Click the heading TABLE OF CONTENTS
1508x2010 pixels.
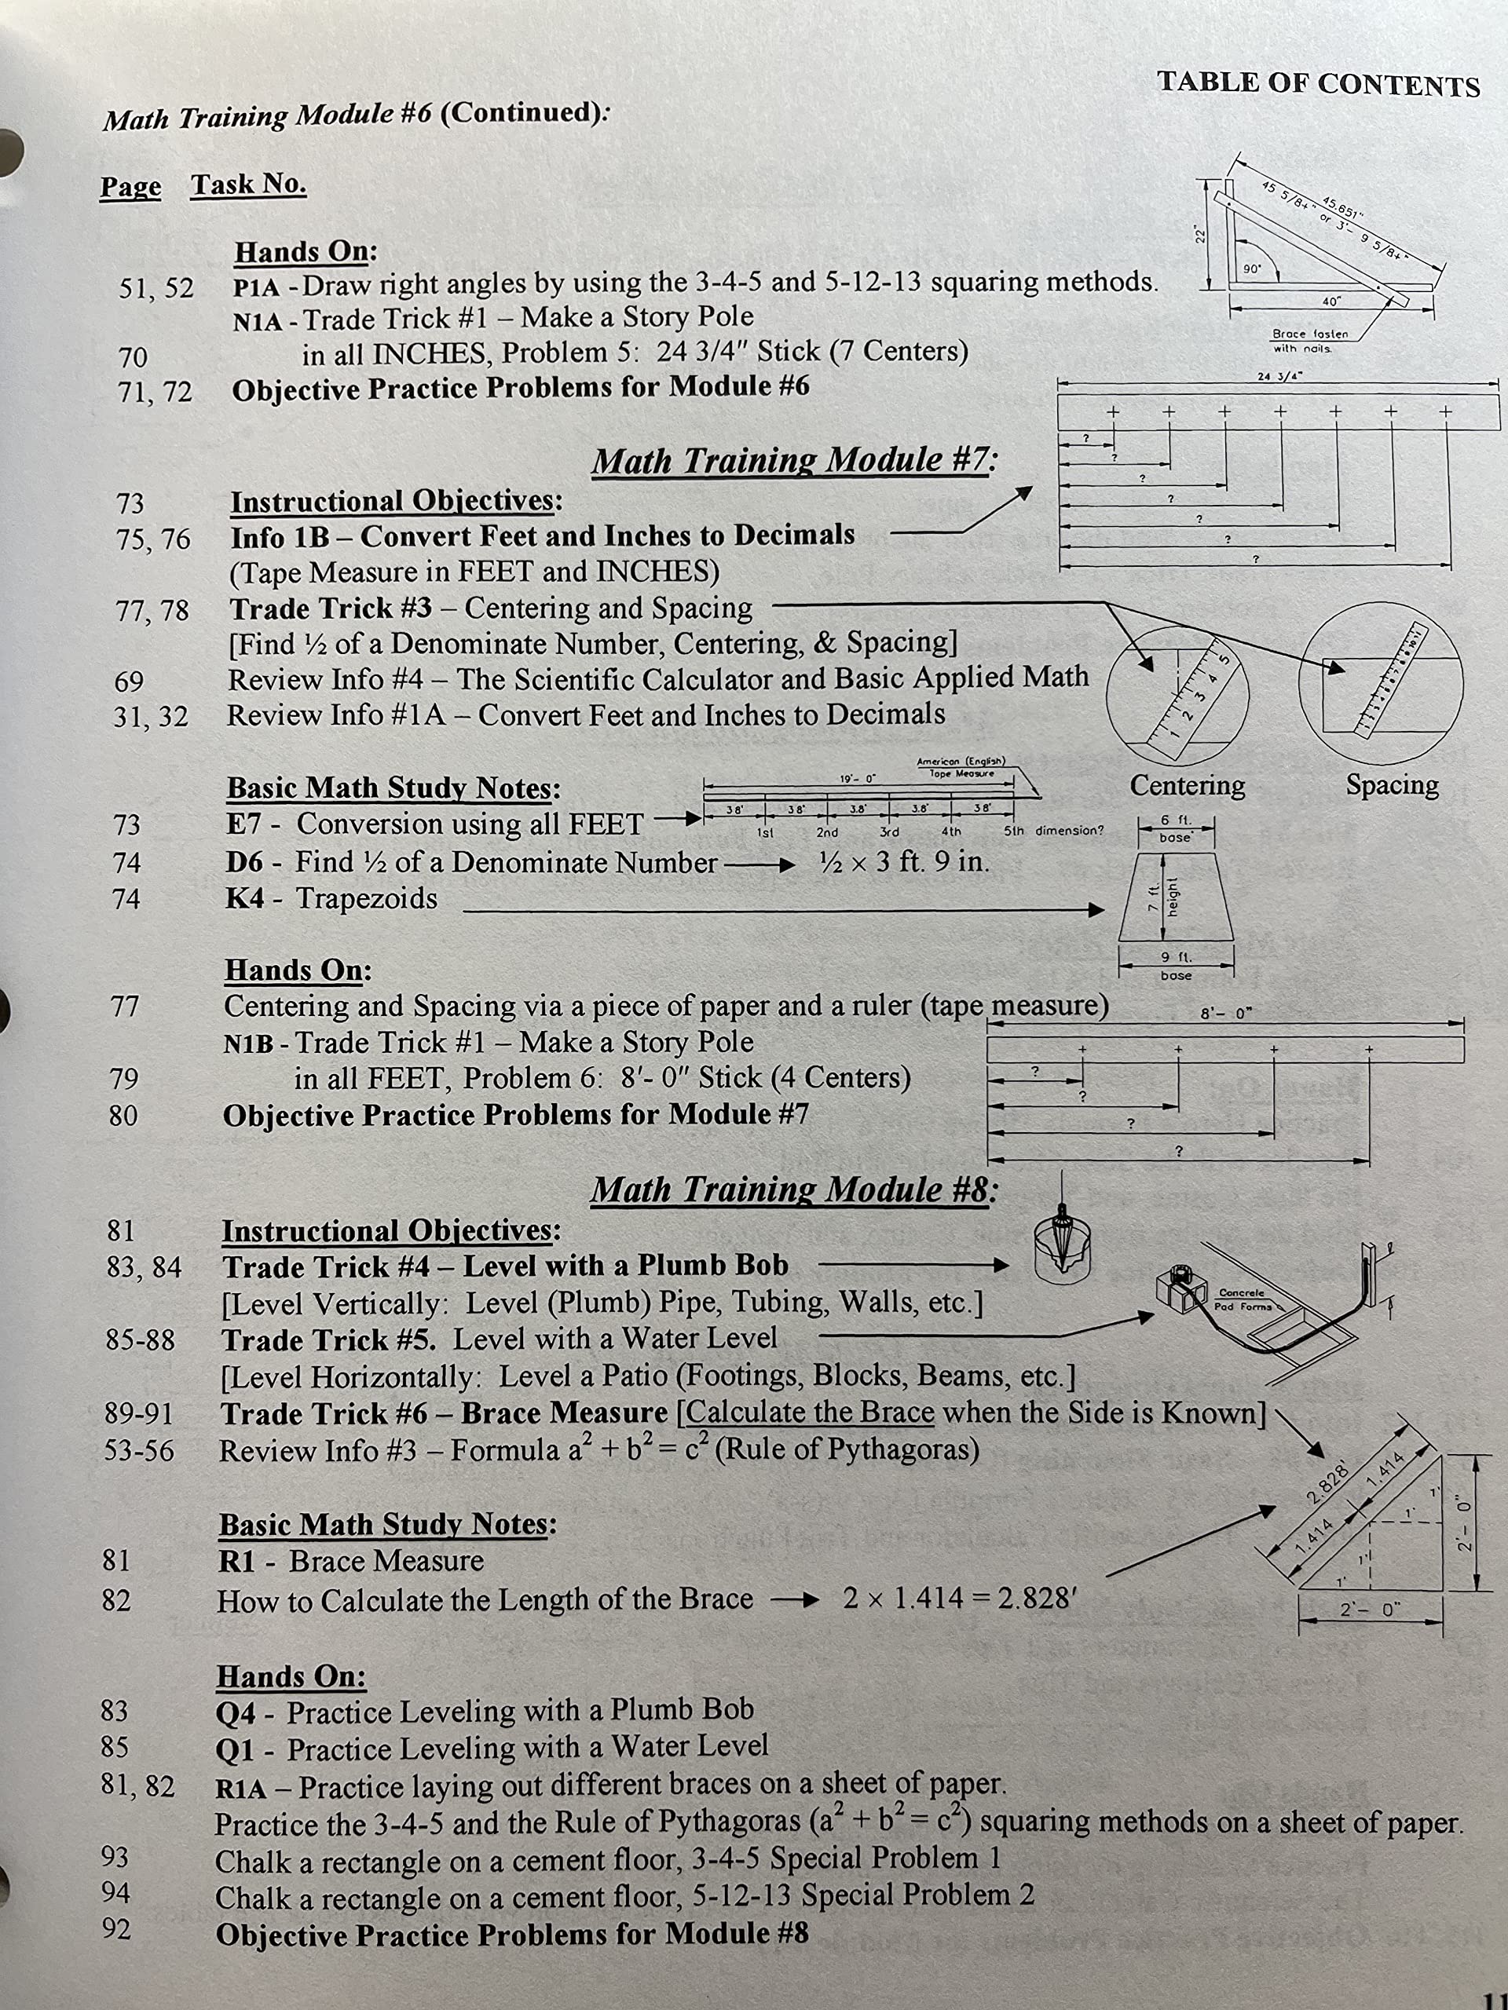[1318, 85]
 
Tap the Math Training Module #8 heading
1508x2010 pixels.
[793, 1190]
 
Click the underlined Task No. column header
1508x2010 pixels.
[248, 185]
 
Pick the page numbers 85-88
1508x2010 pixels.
[140, 1339]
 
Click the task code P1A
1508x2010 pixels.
[255, 287]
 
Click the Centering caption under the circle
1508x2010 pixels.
[1187, 785]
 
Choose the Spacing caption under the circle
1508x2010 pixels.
[1393, 785]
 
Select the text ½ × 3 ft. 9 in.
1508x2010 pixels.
[903, 861]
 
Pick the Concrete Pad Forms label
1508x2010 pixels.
[1243, 1299]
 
